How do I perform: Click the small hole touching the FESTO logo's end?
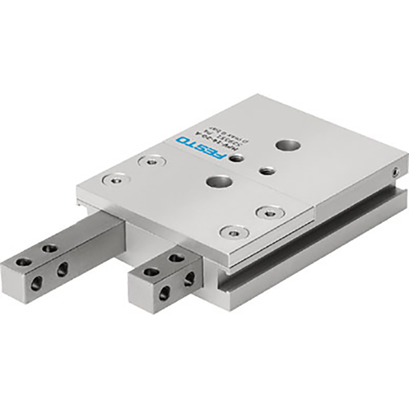[x=236, y=158]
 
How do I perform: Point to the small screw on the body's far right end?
[x=394, y=171]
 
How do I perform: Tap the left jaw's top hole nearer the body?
[x=50, y=248]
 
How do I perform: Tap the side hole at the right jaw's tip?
[x=165, y=293]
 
